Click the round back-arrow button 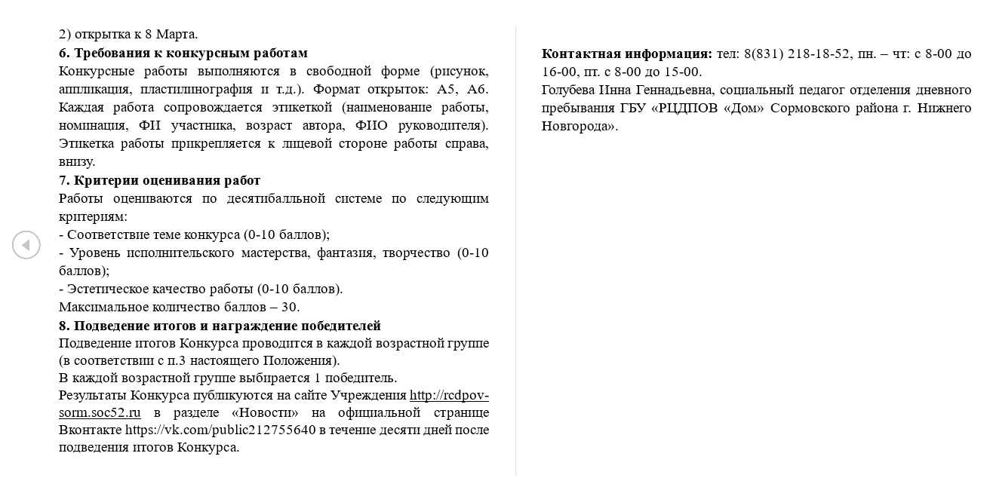click(26, 245)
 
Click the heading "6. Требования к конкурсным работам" click(183, 53)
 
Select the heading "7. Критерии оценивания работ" click(159, 180)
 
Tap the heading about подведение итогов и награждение click(220, 326)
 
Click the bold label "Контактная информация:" click(626, 54)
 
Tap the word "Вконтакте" click(91, 430)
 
